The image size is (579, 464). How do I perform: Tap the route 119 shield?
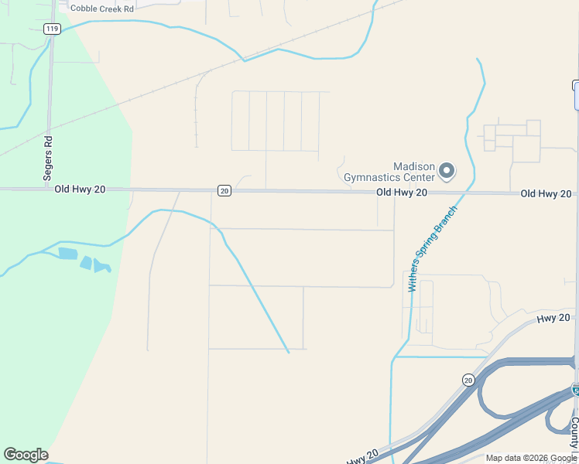point(52,29)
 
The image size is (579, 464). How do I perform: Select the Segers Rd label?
point(48,159)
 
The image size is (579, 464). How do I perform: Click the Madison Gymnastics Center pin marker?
point(447,170)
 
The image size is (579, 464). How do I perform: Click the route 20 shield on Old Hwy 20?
point(224,190)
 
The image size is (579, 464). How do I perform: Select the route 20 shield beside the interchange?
point(468,380)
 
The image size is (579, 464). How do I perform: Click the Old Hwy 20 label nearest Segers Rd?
point(80,189)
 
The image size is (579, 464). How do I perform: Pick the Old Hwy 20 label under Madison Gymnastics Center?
point(402,192)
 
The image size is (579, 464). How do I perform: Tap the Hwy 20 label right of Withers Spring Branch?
point(553,318)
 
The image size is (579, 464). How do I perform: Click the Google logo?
point(26,455)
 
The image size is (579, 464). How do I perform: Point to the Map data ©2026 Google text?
point(531,458)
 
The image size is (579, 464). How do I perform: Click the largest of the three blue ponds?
point(68,254)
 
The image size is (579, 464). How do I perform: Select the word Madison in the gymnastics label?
point(414,166)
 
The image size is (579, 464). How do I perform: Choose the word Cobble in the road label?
point(85,9)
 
